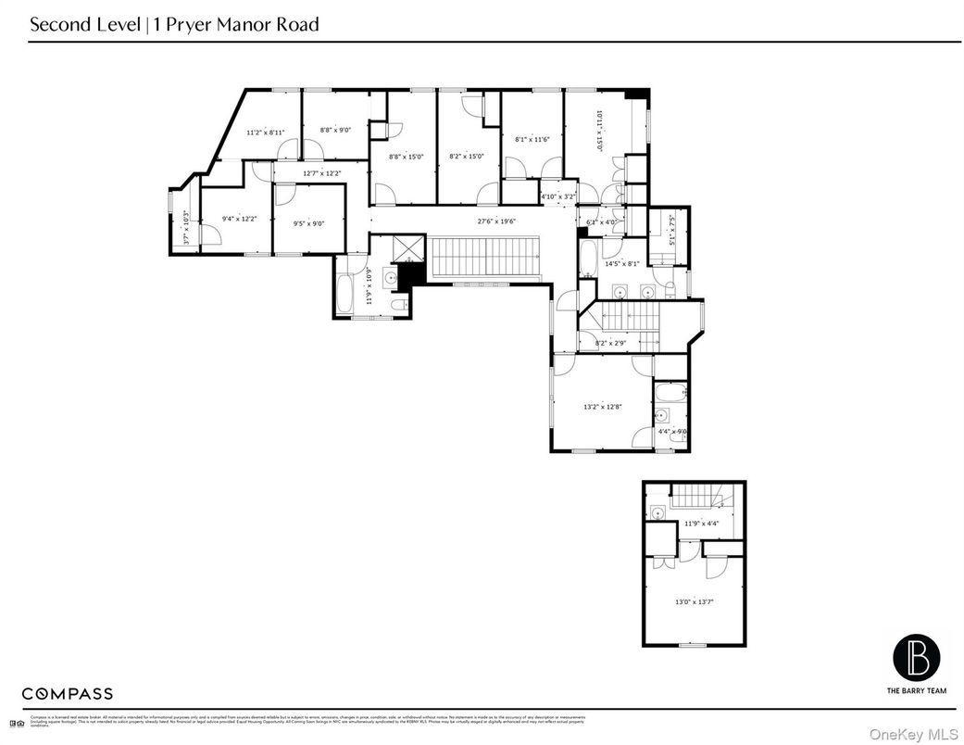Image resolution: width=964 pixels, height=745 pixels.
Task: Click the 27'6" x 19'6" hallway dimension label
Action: [496, 221]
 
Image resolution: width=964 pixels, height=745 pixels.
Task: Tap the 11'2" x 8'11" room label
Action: [265, 133]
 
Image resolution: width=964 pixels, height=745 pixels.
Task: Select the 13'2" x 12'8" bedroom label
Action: [602, 406]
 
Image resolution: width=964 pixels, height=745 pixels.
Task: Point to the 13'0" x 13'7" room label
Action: [694, 602]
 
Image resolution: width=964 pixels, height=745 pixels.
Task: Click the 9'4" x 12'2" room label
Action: [239, 219]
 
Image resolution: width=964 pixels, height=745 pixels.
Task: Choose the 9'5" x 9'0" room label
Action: [309, 223]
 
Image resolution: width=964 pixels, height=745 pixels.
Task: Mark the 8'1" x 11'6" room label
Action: [532, 139]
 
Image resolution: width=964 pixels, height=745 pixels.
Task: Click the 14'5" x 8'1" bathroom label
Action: [621, 263]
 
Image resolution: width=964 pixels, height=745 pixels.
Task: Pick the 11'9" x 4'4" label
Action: [702, 524]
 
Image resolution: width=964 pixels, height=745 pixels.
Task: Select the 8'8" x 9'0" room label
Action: [334, 130]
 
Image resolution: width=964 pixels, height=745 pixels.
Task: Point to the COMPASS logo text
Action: [68, 693]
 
